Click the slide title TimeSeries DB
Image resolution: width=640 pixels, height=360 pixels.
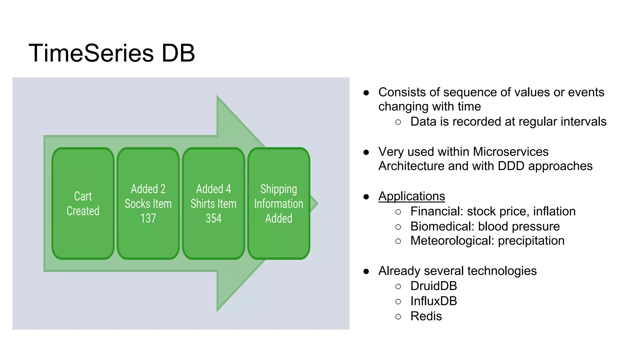pos(112,53)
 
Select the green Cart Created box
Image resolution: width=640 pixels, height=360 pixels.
pos(83,203)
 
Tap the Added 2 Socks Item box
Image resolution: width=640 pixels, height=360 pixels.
pos(148,203)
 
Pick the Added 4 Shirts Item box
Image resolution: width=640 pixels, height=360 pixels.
pos(213,203)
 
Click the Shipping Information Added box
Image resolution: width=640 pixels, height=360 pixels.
pos(278,203)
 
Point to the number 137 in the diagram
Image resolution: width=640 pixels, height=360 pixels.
pos(148,218)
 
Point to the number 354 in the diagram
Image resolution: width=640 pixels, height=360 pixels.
pos(213,218)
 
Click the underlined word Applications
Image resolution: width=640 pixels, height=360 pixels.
pos(412,196)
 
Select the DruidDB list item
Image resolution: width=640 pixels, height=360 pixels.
pos(433,286)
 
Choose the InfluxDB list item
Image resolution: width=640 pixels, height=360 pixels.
pos(433,301)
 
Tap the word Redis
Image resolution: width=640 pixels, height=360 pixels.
pos(426,316)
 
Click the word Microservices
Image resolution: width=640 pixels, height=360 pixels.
pos(511,152)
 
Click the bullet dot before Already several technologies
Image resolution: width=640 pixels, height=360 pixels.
pos(366,271)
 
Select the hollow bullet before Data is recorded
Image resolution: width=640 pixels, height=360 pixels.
pos(398,122)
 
